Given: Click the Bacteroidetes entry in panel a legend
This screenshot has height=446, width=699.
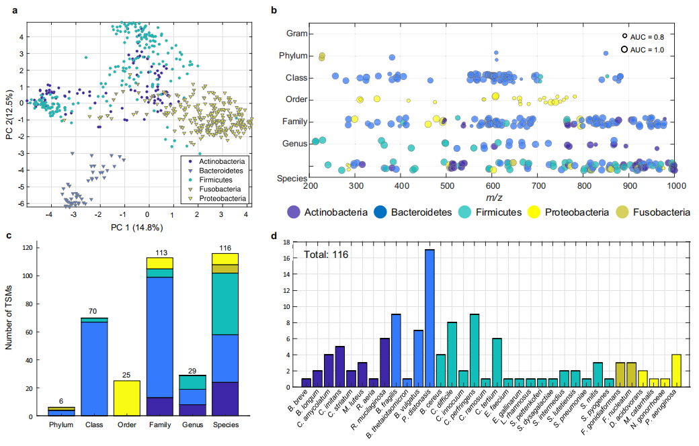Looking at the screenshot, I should (222, 171).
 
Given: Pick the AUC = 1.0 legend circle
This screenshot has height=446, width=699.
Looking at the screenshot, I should (624, 49).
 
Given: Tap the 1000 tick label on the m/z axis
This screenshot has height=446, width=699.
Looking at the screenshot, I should (675, 184).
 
